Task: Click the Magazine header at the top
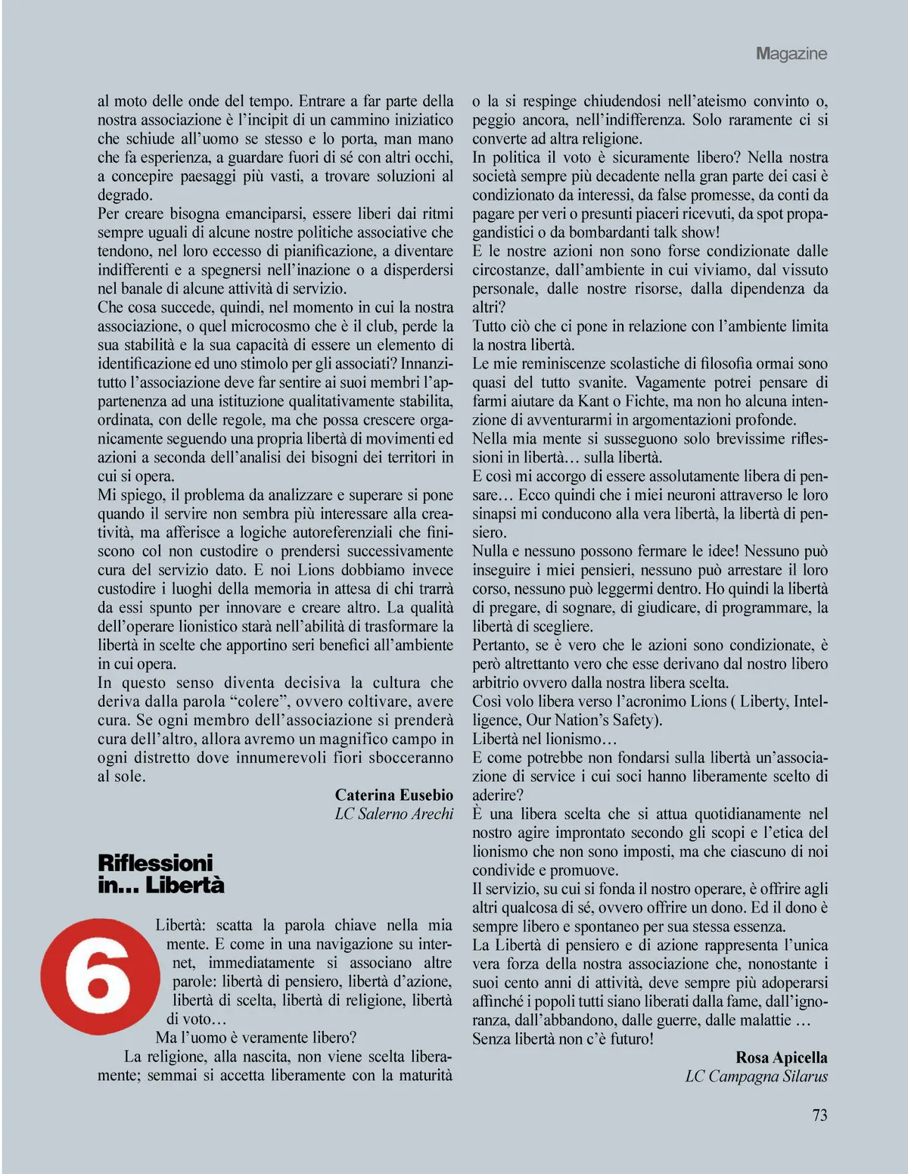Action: coord(791,54)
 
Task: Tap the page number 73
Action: coord(819,1115)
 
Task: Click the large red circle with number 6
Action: coord(98,976)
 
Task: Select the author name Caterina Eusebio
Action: coord(394,795)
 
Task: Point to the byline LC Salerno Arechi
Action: coord(394,814)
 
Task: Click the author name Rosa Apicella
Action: coord(782,1057)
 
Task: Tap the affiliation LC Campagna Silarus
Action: coord(757,1076)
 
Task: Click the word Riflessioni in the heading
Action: coord(155,863)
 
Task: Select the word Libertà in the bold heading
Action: coord(185,885)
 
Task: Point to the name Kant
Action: coord(593,401)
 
